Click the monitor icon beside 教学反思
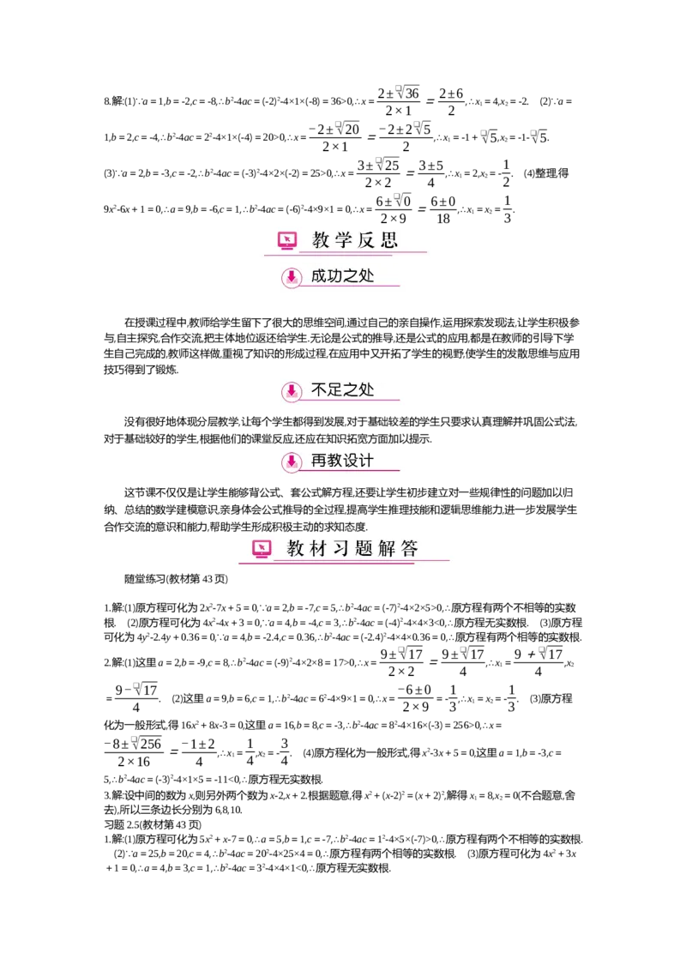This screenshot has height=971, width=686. [x=287, y=241]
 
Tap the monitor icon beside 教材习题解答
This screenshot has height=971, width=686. [x=262, y=548]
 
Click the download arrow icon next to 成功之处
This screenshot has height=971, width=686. [x=292, y=277]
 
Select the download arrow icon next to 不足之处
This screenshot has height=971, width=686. [x=292, y=391]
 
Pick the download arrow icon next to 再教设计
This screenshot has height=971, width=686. [x=292, y=461]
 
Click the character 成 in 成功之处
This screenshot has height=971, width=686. [x=319, y=276]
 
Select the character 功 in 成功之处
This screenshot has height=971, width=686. [x=335, y=276]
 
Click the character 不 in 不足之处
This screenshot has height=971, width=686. [x=319, y=390]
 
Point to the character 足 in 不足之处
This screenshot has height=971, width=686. [x=335, y=390]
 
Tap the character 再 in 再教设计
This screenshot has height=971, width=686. [x=319, y=461]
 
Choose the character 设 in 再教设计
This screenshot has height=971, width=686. [x=351, y=461]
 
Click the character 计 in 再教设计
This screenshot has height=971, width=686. [x=366, y=461]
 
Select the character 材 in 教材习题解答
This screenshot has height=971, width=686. [x=319, y=548]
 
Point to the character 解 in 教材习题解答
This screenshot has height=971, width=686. [x=387, y=548]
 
